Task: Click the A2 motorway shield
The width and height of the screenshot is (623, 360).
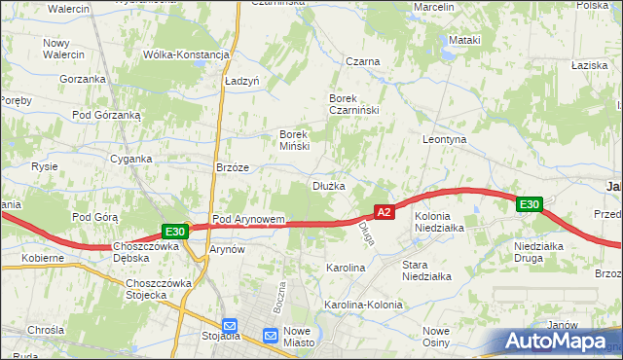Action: point(385,211)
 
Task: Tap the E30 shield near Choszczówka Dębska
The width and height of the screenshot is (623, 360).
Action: point(174,232)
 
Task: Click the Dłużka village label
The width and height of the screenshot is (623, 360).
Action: point(328,185)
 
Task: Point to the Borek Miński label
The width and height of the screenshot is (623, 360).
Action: point(294,140)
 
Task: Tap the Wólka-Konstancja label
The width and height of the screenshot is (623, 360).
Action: point(185,54)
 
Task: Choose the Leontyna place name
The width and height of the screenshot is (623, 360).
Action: point(445,140)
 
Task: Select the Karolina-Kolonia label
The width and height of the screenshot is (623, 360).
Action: point(363,305)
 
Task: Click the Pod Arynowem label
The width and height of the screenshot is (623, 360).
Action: point(248,220)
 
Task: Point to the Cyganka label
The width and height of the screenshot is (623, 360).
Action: point(130,159)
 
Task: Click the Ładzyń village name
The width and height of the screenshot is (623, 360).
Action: point(241,83)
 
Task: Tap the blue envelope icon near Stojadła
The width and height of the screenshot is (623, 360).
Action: point(230,326)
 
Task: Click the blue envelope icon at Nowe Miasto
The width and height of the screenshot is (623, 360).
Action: point(273,336)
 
